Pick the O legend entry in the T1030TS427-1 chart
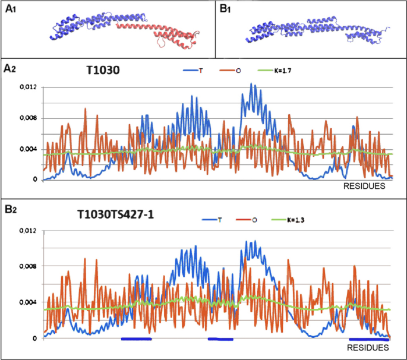coord(254,220)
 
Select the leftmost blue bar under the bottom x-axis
coord(137,339)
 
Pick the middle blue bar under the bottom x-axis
coord(220,339)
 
